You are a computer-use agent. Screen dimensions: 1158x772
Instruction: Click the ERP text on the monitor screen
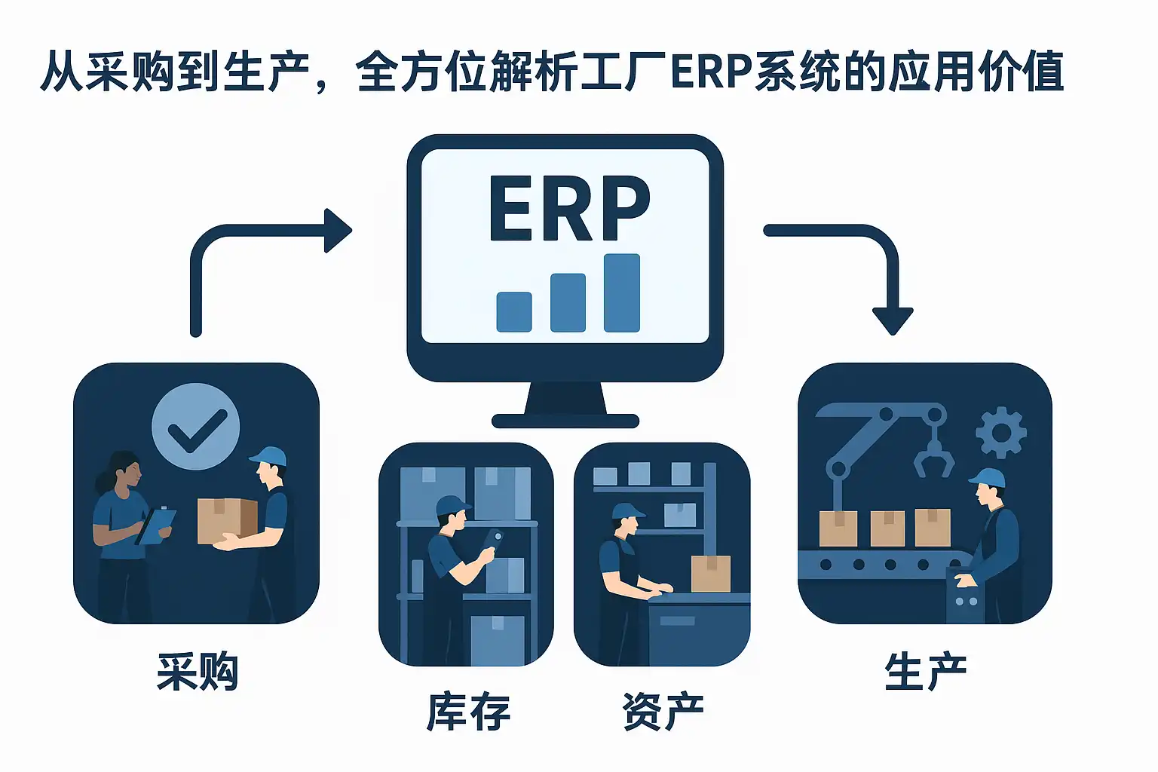569,208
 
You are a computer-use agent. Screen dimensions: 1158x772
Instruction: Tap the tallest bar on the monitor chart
622,293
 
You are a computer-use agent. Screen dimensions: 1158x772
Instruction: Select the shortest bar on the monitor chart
514,312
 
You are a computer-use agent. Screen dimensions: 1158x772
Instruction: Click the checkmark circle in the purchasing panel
195,426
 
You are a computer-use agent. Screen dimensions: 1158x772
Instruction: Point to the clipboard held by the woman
155,526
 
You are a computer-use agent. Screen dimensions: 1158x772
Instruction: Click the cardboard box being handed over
228,521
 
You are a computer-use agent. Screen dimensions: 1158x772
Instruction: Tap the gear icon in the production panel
1001,433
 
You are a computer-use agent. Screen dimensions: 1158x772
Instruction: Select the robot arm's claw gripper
933,457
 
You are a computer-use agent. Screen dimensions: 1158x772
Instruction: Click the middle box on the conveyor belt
887,528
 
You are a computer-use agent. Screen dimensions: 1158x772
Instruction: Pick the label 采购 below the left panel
198,672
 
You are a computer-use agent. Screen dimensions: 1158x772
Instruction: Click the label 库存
468,712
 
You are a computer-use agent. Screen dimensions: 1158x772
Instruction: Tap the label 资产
663,712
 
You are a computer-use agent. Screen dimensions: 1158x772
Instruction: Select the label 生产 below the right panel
925,672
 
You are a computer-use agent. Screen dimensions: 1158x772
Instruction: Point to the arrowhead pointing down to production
893,321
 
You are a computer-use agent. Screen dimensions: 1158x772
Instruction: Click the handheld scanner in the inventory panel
492,541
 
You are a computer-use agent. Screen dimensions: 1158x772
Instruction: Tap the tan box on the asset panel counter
711,574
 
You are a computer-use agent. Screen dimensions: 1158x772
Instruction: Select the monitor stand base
565,421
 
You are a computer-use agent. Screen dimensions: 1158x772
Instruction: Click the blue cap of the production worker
988,479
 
